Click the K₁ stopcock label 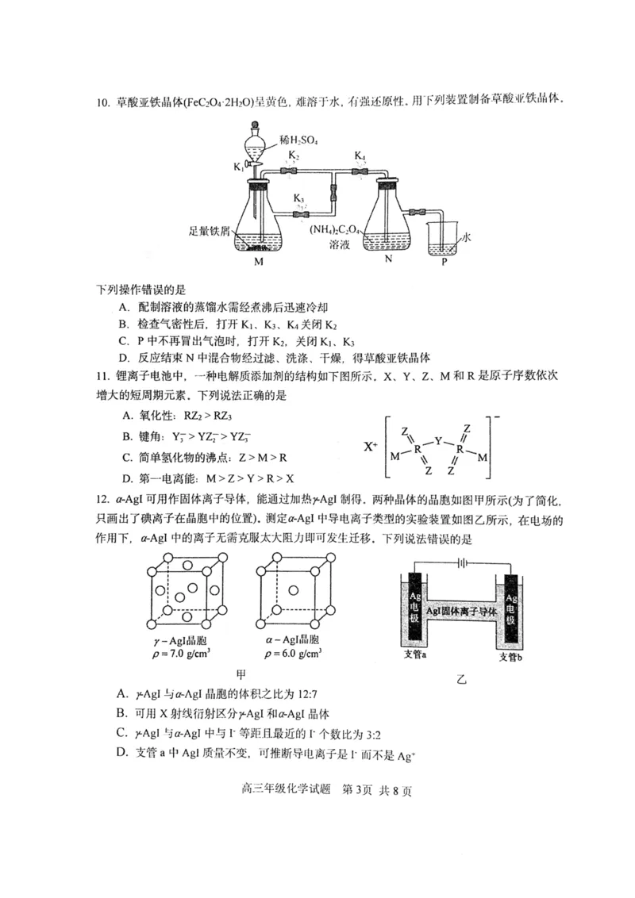(239, 167)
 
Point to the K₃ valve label (298, 198)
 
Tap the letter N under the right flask (388, 259)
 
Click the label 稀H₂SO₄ (298, 140)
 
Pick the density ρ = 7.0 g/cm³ (183, 654)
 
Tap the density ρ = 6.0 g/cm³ (293, 654)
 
